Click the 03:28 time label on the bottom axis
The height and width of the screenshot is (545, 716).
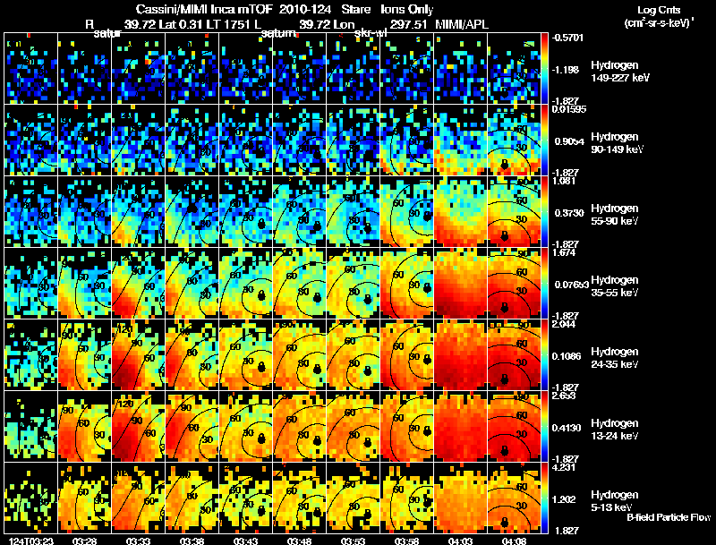point(85,541)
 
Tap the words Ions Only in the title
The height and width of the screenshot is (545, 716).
point(403,10)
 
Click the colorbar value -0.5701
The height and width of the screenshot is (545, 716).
point(570,38)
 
